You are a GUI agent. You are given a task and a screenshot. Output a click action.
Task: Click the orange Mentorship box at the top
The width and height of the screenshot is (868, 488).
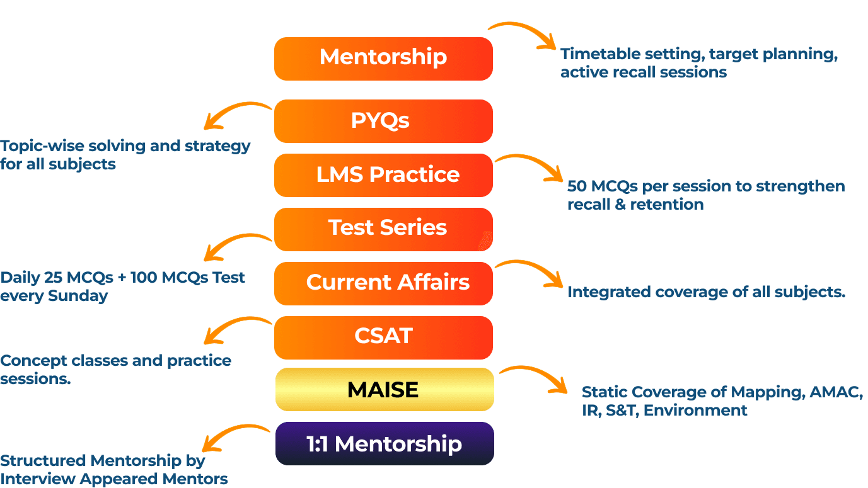(383, 59)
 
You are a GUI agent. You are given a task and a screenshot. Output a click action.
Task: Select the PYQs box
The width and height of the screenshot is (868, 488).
(383, 121)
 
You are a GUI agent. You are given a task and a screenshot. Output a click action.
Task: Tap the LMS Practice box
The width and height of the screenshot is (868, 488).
(383, 175)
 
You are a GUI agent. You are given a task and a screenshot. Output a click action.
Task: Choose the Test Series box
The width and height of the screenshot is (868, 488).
(383, 229)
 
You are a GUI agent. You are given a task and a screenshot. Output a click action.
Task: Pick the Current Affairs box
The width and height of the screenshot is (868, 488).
(383, 283)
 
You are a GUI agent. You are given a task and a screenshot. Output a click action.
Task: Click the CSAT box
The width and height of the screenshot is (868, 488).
(383, 338)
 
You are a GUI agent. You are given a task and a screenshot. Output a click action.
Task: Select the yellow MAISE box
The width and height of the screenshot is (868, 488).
(383, 390)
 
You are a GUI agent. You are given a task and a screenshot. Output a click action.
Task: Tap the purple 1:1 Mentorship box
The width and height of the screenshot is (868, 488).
(383, 444)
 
